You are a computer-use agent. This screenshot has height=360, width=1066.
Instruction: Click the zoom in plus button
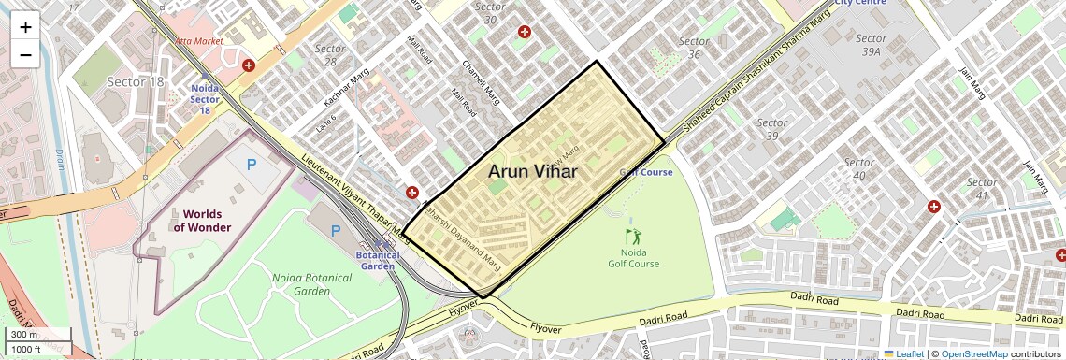(x=25, y=27)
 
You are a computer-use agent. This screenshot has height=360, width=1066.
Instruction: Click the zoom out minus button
(x=25, y=54)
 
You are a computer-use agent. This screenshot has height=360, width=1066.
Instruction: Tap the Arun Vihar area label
(x=532, y=171)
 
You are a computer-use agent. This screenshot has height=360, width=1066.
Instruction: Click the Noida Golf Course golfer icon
(x=634, y=237)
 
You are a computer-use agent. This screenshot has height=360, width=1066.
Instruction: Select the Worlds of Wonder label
(x=202, y=221)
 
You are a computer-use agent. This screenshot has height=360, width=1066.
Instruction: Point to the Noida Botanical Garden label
(x=301, y=284)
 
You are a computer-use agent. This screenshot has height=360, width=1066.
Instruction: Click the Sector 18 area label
(x=135, y=82)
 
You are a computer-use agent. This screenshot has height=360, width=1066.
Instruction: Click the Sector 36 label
(x=694, y=48)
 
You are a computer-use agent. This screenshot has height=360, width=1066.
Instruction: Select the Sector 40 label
(x=858, y=169)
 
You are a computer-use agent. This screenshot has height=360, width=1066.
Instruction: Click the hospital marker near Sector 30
(x=525, y=32)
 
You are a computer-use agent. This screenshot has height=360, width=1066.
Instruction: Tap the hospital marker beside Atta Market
(x=249, y=65)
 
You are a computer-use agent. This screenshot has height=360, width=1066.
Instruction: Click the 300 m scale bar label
(x=24, y=335)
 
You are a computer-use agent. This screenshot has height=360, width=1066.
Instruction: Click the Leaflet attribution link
(x=903, y=353)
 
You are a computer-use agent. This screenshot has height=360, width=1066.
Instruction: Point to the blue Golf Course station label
(x=646, y=172)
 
